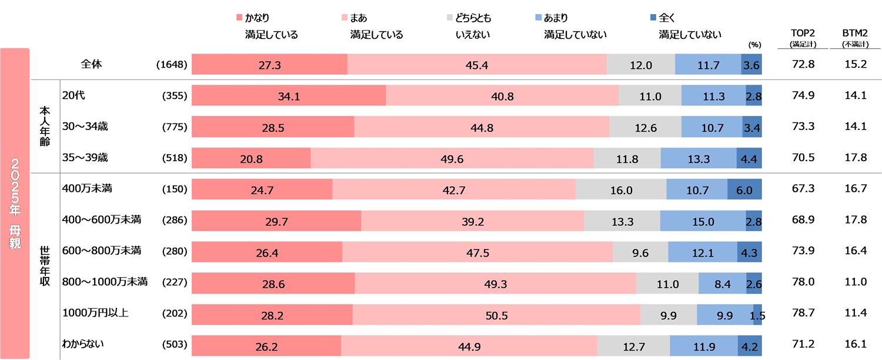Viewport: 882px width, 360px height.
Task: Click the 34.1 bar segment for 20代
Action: tap(289, 96)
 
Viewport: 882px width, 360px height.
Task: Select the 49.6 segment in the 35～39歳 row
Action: tap(452, 158)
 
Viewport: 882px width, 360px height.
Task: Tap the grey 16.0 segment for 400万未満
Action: tap(621, 190)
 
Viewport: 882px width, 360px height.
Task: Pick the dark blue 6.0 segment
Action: tap(744, 190)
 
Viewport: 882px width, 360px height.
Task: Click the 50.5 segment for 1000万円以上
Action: tap(496, 315)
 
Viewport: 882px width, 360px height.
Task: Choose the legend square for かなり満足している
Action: tap(238, 18)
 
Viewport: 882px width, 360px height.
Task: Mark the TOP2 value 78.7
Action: tap(803, 315)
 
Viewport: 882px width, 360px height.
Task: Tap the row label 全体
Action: tap(92, 64)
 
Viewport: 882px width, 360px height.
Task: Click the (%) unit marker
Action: tap(754, 45)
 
